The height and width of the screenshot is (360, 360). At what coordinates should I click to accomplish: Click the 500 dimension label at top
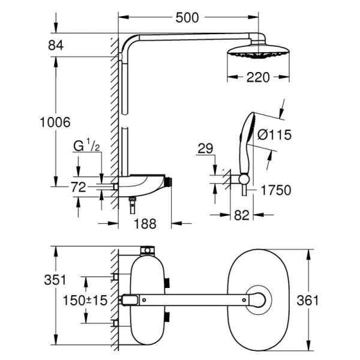pyautogui.click(x=187, y=17)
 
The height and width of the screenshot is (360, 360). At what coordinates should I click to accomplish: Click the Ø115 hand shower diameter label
pyautogui.click(x=274, y=135)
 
